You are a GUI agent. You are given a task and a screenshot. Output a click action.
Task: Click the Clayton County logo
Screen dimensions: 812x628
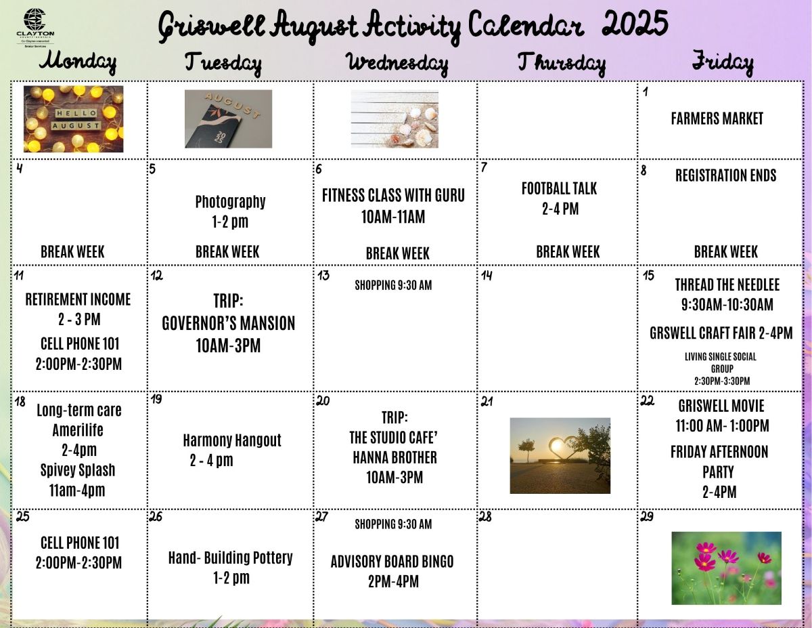(35, 28)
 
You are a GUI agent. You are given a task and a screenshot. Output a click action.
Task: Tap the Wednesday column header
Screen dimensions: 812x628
(397, 64)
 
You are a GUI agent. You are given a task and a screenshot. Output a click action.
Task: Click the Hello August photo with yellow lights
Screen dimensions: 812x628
(73, 119)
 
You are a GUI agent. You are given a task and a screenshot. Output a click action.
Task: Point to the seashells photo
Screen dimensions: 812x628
(394, 119)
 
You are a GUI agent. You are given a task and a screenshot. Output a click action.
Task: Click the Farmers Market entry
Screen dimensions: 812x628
(717, 119)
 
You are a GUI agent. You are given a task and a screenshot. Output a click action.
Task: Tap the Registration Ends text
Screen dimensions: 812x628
(725, 175)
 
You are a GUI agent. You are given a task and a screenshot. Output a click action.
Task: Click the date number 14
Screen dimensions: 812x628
(487, 276)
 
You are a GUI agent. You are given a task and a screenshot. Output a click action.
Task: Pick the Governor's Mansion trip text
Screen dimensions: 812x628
(228, 323)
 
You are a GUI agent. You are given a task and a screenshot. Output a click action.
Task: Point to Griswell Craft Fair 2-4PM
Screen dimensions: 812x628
(721, 333)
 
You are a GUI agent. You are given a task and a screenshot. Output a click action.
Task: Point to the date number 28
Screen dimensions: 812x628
(485, 517)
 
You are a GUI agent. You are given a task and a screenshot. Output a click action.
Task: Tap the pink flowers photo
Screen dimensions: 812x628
(726, 568)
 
